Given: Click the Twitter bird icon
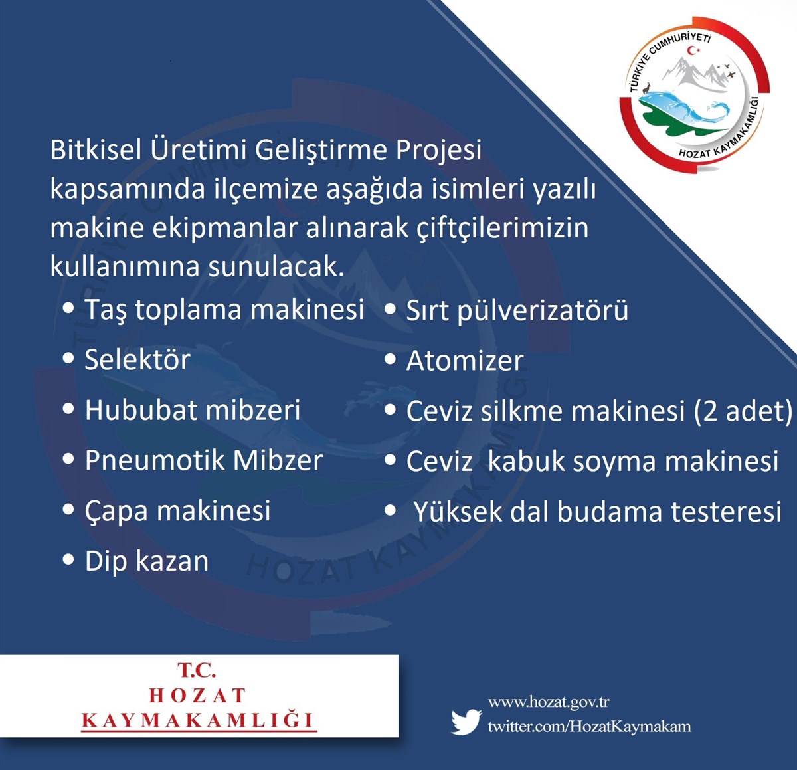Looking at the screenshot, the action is pyautogui.click(x=466, y=722).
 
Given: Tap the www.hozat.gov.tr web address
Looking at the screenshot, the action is pyautogui.click(x=549, y=702).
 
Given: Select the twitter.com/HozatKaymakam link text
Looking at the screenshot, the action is pyautogui.click(x=589, y=726).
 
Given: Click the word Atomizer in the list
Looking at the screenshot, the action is pyautogui.click(x=465, y=361).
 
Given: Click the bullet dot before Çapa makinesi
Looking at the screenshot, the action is pyautogui.click(x=68, y=510).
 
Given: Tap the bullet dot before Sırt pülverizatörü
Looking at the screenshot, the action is pyautogui.click(x=391, y=308).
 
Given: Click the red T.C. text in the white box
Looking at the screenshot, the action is pyautogui.click(x=197, y=670).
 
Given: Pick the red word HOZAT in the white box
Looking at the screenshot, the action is pyautogui.click(x=197, y=695).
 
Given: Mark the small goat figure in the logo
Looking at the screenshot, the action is pyautogui.click(x=646, y=88).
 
